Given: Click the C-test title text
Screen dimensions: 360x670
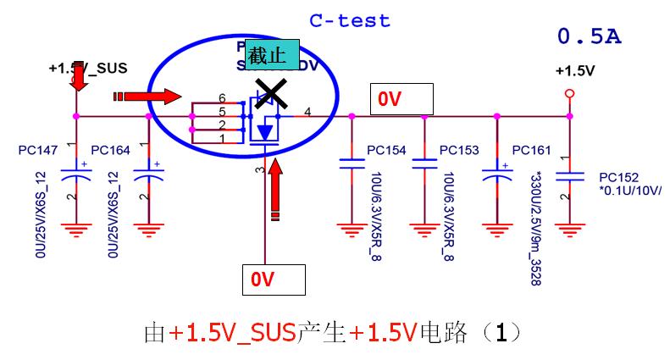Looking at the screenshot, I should click(x=350, y=21).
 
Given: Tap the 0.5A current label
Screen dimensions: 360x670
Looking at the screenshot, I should click(x=589, y=36).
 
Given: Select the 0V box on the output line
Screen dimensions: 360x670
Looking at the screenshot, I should click(x=401, y=99).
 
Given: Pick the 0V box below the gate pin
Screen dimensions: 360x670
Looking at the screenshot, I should click(x=274, y=278).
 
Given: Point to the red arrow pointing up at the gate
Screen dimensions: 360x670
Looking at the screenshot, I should click(x=274, y=188).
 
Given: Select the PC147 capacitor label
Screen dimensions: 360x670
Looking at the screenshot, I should click(x=37, y=150).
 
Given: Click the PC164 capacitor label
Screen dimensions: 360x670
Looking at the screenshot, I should click(x=110, y=150).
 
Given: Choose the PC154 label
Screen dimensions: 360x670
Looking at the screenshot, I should click(x=386, y=150).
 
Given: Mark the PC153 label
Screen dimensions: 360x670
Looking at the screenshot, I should click(x=459, y=150).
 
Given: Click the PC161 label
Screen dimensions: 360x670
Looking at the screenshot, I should click(x=531, y=150).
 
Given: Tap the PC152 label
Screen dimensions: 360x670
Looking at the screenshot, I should click(x=617, y=177).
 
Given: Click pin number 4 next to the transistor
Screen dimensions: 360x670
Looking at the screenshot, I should click(x=307, y=111).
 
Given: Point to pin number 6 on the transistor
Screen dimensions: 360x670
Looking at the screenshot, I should click(x=222, y=98).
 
